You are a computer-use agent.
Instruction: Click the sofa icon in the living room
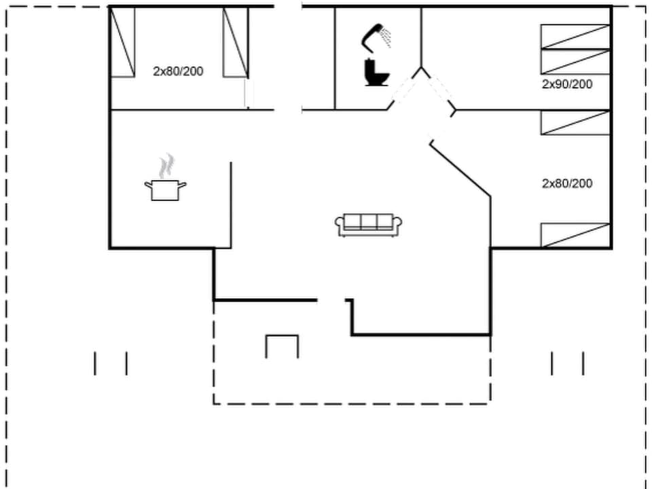click(369, 224)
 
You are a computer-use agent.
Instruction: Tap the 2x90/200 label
click(567, 84)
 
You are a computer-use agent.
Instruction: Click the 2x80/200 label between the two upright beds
click(178, 71)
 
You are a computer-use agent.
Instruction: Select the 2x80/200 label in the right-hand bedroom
click(567, 183)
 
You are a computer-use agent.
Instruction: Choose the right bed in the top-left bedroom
click(236, 42)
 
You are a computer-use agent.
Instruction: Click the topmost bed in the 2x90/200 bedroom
click(575, 37)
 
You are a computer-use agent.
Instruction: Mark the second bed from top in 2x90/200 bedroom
click(575, 62)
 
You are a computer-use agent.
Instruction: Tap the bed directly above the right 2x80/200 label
click(575, 122)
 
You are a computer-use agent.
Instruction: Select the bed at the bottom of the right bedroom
click(575, 235)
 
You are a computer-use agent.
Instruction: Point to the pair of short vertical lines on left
click(111, 363)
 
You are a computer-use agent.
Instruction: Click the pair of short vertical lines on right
click(567, 363)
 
